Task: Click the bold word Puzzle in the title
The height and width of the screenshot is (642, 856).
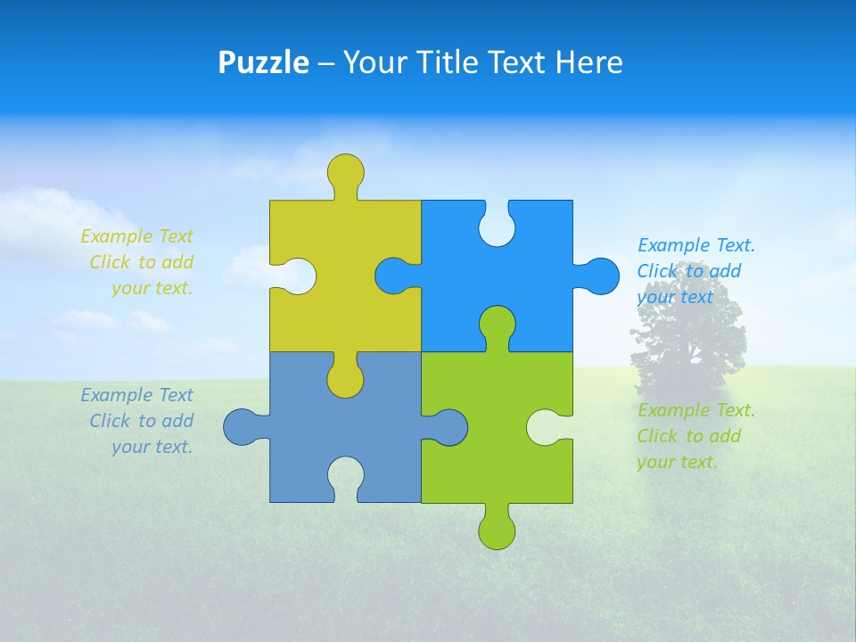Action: click(x=263, y=62)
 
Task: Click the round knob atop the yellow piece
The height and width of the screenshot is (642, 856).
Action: click(x=345, y=172)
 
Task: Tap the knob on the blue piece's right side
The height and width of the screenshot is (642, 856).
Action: click(x=599, y=276)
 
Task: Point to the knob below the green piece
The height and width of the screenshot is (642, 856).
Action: click(x=497, y=530)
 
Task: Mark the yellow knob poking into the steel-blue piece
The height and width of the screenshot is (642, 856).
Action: click(x=345, y=378)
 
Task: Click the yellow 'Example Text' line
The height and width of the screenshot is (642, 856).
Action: click(x=136, y=236)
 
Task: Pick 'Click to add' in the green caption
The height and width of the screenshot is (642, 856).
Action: click(x=688, y=436)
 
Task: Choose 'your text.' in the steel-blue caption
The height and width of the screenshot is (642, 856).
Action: click(x=152, y=447)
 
